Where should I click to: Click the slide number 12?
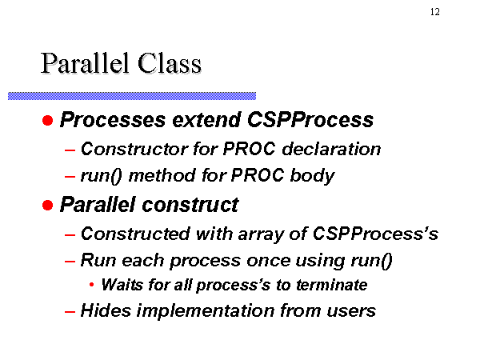[435, 12]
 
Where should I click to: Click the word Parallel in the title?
[85, 63]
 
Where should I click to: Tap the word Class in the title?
[170, 63]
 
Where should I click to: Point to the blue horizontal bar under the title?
[132, 96]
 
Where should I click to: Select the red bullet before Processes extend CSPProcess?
[48, 120]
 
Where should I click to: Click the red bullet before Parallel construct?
[48, 205]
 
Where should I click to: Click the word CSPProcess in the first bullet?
[310, 119]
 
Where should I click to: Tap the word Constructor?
[134, 149]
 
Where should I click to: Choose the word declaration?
[331, 149]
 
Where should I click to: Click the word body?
[312, 176]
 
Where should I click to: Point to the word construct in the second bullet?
[190, 205]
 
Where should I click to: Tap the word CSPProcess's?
[375, 234]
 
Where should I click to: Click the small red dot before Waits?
[91, 285]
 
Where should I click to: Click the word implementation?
[206, 310]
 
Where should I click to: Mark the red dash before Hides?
[70, 312]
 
